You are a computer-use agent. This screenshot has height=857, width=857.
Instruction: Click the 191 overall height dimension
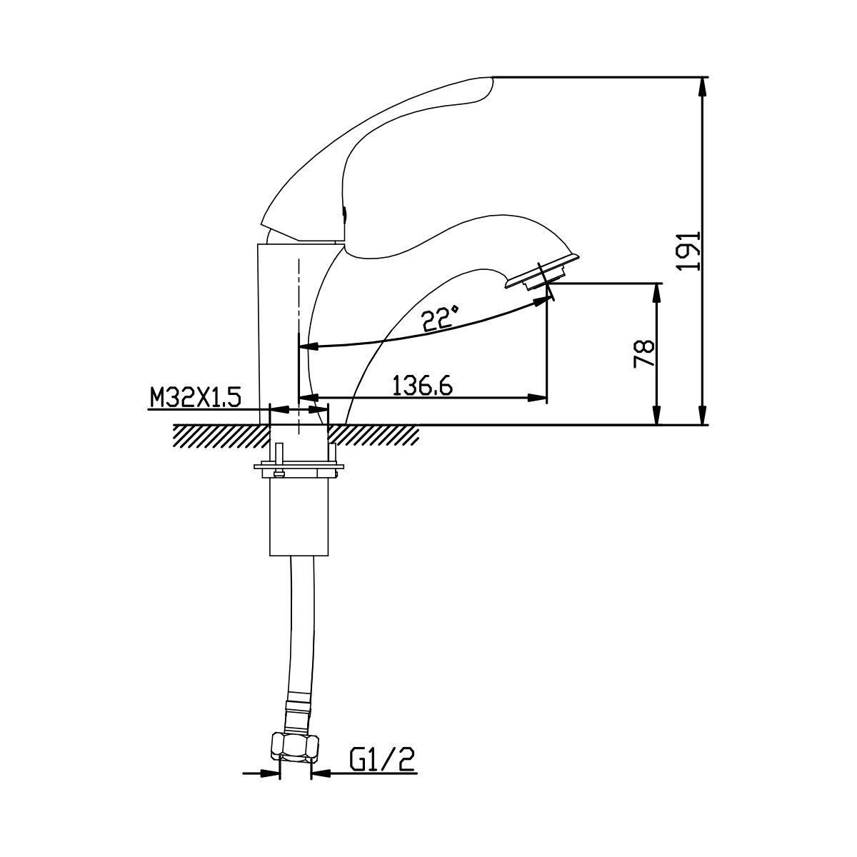[x=688, y=250]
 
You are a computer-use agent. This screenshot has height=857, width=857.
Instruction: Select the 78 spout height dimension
[x=644, y=354]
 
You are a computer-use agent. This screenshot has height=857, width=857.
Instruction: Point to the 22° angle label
[x=439, y=318]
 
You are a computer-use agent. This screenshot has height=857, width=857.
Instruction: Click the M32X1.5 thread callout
[x=195, y=397]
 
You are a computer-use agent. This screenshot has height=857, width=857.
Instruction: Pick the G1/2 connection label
[x=382, y=760]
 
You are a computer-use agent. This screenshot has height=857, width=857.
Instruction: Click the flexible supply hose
[x=302, y=623]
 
